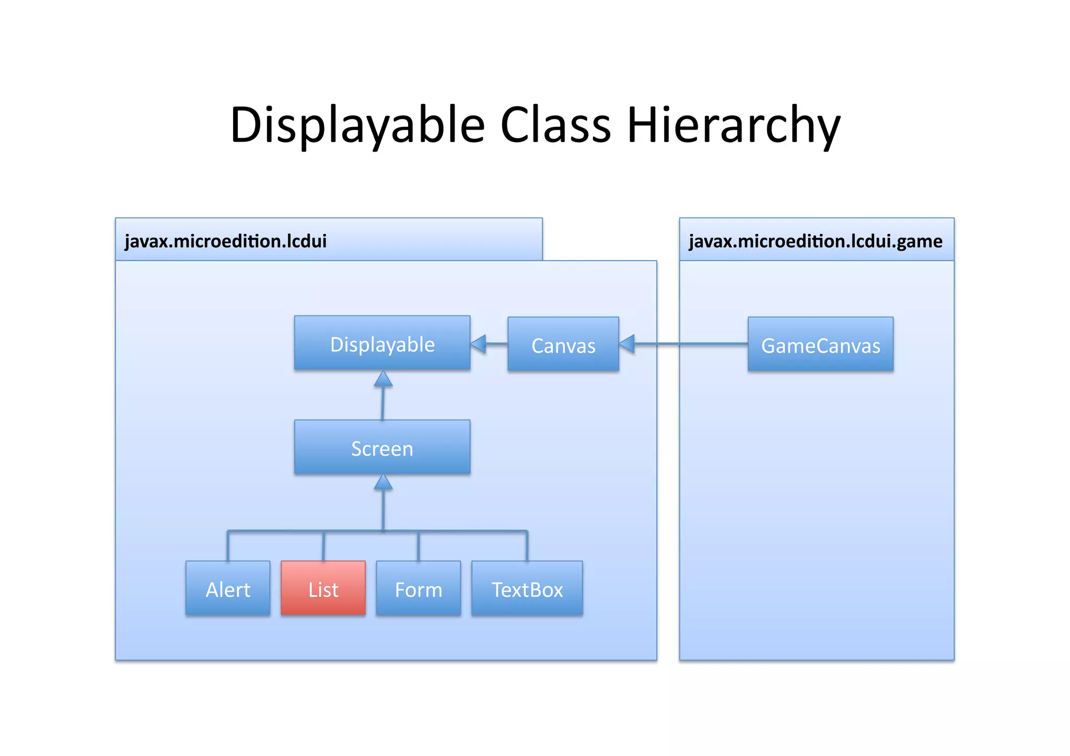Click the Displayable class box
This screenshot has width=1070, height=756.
pyautogui.click(x=382, y=343)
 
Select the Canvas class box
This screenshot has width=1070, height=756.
pyautogui.click(x=563, y=344)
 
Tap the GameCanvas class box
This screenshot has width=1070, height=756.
pyautogui.click(x=820, y=344)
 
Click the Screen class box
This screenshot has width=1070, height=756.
pyautogui.click(x=382, y=447)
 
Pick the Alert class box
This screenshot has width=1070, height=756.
pyautogui.click(x=228, y=588)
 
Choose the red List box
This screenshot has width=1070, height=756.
pyautogui.click(x=323, y=588)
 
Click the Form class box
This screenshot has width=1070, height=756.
pyautogui.click(x=418, y=588)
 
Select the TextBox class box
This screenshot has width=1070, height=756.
pyautogui.click(x=527, y=588)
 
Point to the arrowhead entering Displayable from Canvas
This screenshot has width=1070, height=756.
pyautogui.click(x=479, y=344)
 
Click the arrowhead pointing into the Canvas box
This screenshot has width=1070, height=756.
pyautogui.click(x=627, y=344)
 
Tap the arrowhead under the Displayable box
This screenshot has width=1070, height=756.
pyautogui.click(x=383, y=379)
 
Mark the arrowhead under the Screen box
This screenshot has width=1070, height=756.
pyautogui.click(x=383, y=482)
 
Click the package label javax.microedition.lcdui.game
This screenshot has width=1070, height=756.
pyautogui.click(x=816, y=241)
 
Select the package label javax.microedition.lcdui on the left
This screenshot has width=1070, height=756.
pyautogui.click(x=226, y=241)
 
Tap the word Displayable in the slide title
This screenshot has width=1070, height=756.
pyautogui.click(x=357, y=125)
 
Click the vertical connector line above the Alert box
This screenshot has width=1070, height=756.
pyautogui.click(x=228, y=546)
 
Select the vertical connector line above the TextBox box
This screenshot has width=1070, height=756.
pyautogui.click(x=527, y=546)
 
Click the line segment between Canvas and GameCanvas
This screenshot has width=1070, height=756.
pyautogui.click(x=690, y=344)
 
